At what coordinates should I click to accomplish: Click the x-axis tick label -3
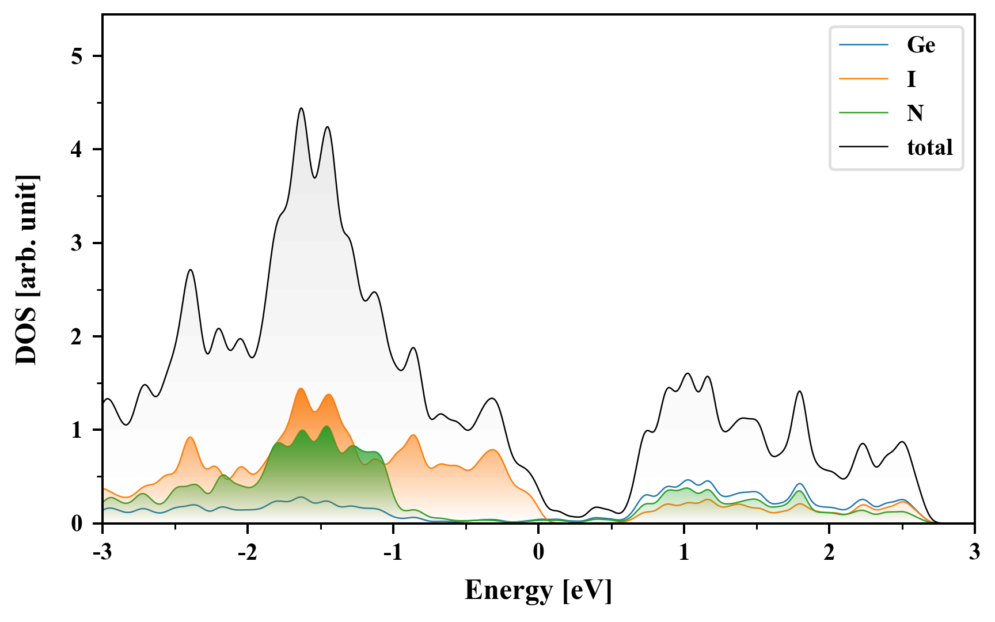102,552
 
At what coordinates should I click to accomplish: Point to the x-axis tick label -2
247,552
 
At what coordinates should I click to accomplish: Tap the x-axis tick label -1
393,552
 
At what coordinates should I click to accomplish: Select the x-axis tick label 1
683,552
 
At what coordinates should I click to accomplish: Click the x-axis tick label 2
829,552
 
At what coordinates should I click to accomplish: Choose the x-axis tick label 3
974,552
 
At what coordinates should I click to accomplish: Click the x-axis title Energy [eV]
538,590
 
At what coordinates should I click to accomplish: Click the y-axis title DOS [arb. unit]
26,270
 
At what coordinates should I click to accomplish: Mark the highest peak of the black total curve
301,108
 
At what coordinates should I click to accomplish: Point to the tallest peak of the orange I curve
301,389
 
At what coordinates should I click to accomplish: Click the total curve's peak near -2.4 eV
191,270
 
